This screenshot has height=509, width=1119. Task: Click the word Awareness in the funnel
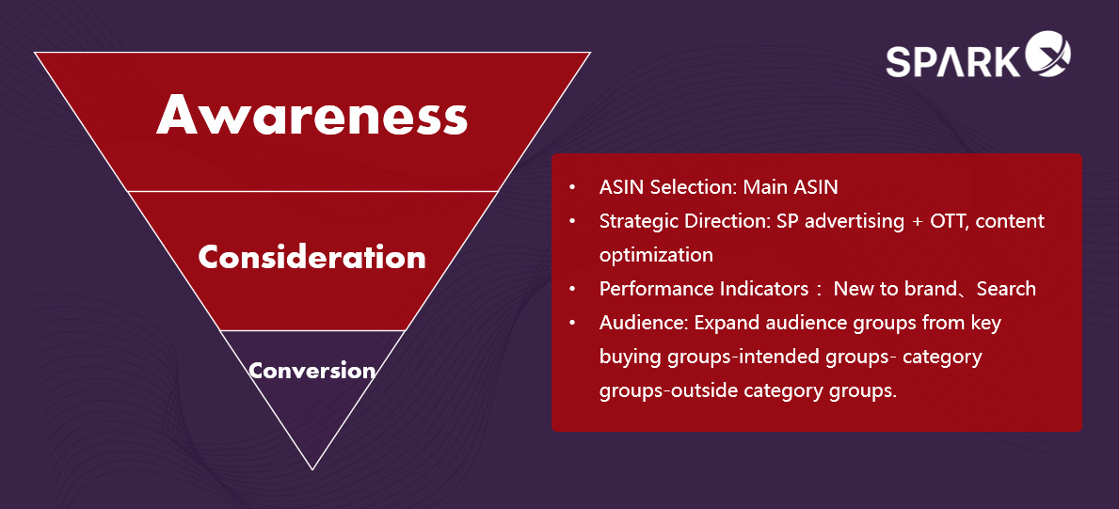312,115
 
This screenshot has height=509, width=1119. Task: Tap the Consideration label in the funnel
312,256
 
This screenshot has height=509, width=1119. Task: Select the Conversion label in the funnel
312,371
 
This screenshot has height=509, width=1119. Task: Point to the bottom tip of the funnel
312,469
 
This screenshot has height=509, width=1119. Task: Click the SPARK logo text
953,61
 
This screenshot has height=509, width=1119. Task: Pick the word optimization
656,256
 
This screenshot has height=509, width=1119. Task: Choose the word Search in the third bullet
1006,289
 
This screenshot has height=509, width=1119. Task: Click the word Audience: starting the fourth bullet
644,324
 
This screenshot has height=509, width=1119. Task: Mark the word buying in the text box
631,358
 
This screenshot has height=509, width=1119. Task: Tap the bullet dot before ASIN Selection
572,188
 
